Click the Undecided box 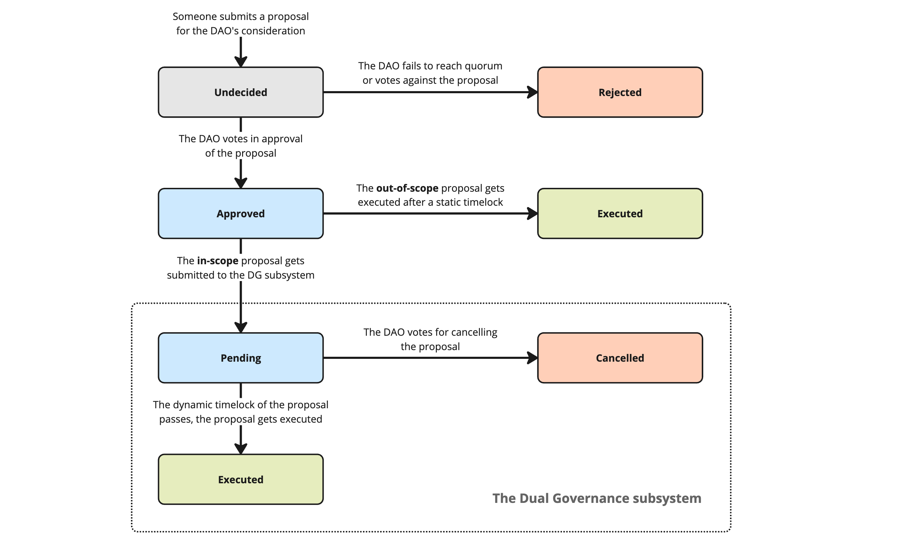tap(240, 92)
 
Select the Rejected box tap(620, 92)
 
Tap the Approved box tap(240, 213)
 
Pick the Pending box tap(240, 358)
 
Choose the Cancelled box tap(620, 358)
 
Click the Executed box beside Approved tap(620, 213)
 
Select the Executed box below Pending tap(240, 479)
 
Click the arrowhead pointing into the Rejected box tap(533, 92)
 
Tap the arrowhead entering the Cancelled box tap(533, 358)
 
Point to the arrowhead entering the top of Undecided tap(240, 62)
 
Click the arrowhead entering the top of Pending tap(240, 327)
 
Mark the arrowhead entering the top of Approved tap(240, 183)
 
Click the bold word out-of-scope tap(407, 188)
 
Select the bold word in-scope tap(218, 261)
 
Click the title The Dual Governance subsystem tap(597, 498)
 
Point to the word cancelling tap(474, 333)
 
